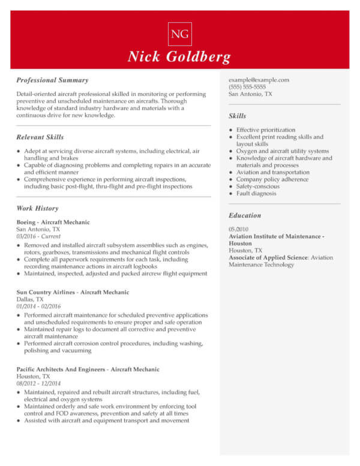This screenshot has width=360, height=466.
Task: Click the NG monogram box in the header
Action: [x=180, y=34]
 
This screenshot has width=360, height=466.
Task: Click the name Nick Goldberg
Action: [x=179, y=58]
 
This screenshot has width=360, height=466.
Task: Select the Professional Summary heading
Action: [x=52, y=80]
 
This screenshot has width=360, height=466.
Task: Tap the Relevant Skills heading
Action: [x=40, y=137]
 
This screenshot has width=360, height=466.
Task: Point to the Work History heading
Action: [x=38, y=209]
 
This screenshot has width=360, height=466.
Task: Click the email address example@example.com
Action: [x=259, y=80]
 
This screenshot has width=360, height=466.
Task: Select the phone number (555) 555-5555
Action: [x=247, y=87]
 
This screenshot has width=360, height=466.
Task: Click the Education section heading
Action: [x=245, y=215]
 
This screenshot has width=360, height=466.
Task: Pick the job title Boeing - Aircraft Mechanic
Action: [x=53, y=223]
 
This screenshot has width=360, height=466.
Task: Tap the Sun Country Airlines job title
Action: [x=73, y=292]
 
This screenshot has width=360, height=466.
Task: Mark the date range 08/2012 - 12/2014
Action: [x=38, y=384]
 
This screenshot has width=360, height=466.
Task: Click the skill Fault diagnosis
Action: [x=256, y=194]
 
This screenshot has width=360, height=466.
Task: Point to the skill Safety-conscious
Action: [x=257, y=187]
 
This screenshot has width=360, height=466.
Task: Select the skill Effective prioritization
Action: [x=266, y=130]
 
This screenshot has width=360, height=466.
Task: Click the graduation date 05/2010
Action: [x=239, y=230]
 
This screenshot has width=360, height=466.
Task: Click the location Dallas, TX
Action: [x=30, y=299]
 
